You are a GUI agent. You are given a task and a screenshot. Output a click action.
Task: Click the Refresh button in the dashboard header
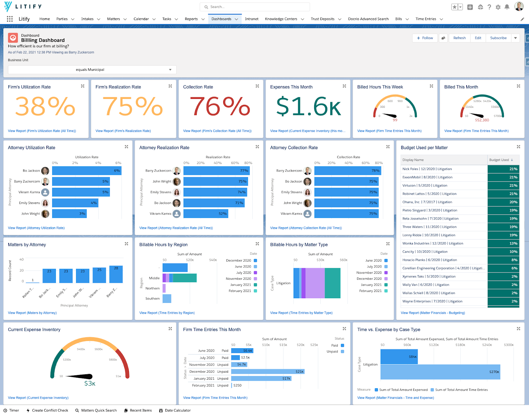point(459,38)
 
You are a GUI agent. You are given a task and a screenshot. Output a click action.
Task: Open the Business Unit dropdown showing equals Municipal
point(92,70)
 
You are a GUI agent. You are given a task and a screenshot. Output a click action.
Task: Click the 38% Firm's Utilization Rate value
point(45,106)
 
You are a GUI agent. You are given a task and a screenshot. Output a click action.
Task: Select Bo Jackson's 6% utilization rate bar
point(87,171)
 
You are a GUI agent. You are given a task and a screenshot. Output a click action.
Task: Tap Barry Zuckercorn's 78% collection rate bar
point(347,171)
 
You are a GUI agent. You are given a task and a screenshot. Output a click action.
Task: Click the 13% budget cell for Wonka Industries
point(503,243)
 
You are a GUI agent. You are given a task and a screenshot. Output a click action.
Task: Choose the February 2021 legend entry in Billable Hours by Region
point(240,291)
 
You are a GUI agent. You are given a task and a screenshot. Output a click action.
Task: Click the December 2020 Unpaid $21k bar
point(267,372)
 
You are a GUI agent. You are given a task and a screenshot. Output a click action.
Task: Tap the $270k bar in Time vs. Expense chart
point(440,372)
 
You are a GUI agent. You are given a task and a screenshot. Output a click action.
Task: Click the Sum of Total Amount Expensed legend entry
point(403,390)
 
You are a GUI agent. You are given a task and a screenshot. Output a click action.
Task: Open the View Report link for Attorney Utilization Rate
point(36,228)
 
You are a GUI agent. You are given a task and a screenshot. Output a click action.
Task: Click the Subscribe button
point(498,38)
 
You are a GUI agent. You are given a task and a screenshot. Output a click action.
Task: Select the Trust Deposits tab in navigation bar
point(322,19)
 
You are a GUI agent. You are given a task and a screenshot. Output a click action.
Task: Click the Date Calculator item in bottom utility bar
point(177,410)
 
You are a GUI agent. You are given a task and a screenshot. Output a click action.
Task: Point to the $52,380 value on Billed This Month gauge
point(482,120)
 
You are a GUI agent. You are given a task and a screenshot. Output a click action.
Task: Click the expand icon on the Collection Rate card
point(257,86)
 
